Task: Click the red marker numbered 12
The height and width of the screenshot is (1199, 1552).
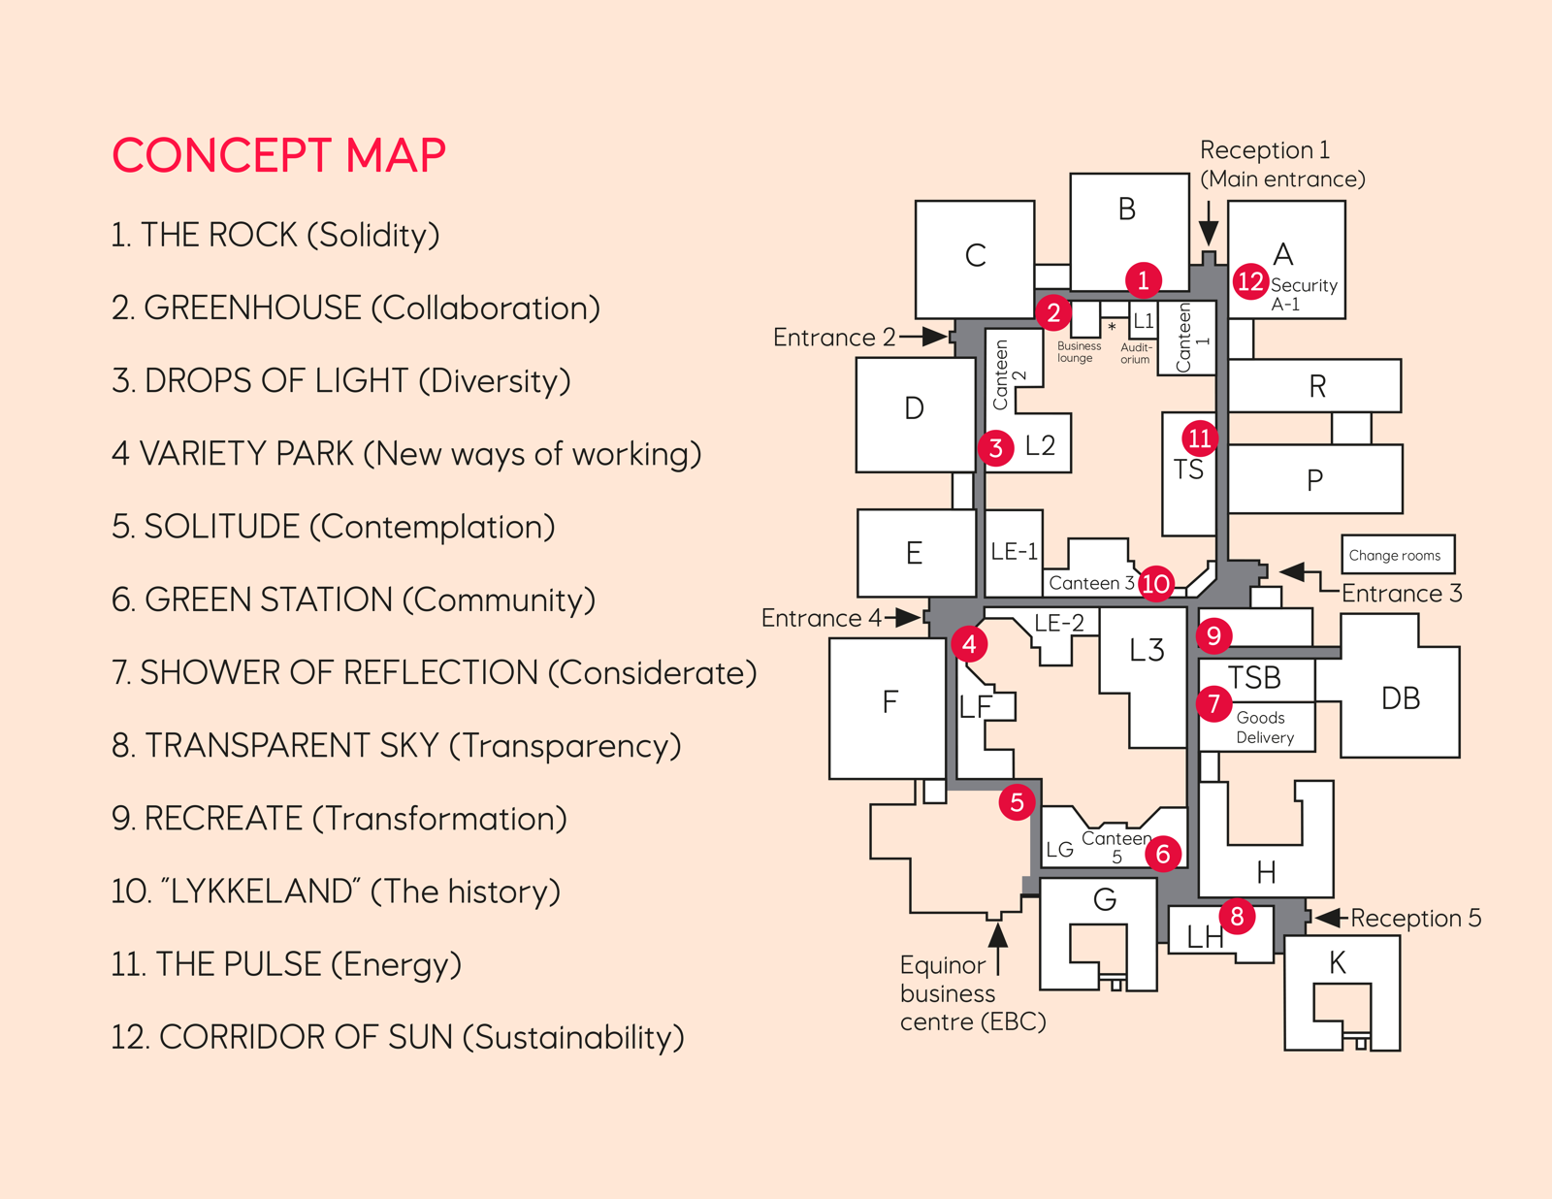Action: coord(1250,281)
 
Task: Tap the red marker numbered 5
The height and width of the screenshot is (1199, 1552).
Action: coord(1017,802)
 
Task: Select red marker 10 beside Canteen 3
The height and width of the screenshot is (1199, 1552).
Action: coord(1155,583)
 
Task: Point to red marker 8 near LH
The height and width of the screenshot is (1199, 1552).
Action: coord(1237,916)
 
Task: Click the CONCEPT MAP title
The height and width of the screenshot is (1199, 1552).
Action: coord(278,155)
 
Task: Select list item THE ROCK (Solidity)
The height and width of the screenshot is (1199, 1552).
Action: coord(275,235)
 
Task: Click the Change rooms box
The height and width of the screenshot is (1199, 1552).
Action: coord(1397,555)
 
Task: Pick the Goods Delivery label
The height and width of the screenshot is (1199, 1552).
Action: coord(1264,728)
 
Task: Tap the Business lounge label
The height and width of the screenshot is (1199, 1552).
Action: coord(1078,351)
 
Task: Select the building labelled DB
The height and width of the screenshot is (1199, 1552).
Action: coord(1400,698)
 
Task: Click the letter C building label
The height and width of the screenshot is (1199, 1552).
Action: coord(975,256)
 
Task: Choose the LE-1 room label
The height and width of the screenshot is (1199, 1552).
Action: coord(1014,552)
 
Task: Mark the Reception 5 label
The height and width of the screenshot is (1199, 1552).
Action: coord(1415,918)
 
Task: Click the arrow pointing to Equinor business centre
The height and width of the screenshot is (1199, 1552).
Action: coord(997,937)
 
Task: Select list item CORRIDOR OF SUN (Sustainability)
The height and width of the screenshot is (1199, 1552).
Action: coord(398,1037)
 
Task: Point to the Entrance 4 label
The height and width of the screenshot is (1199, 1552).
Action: coord(822,618)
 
